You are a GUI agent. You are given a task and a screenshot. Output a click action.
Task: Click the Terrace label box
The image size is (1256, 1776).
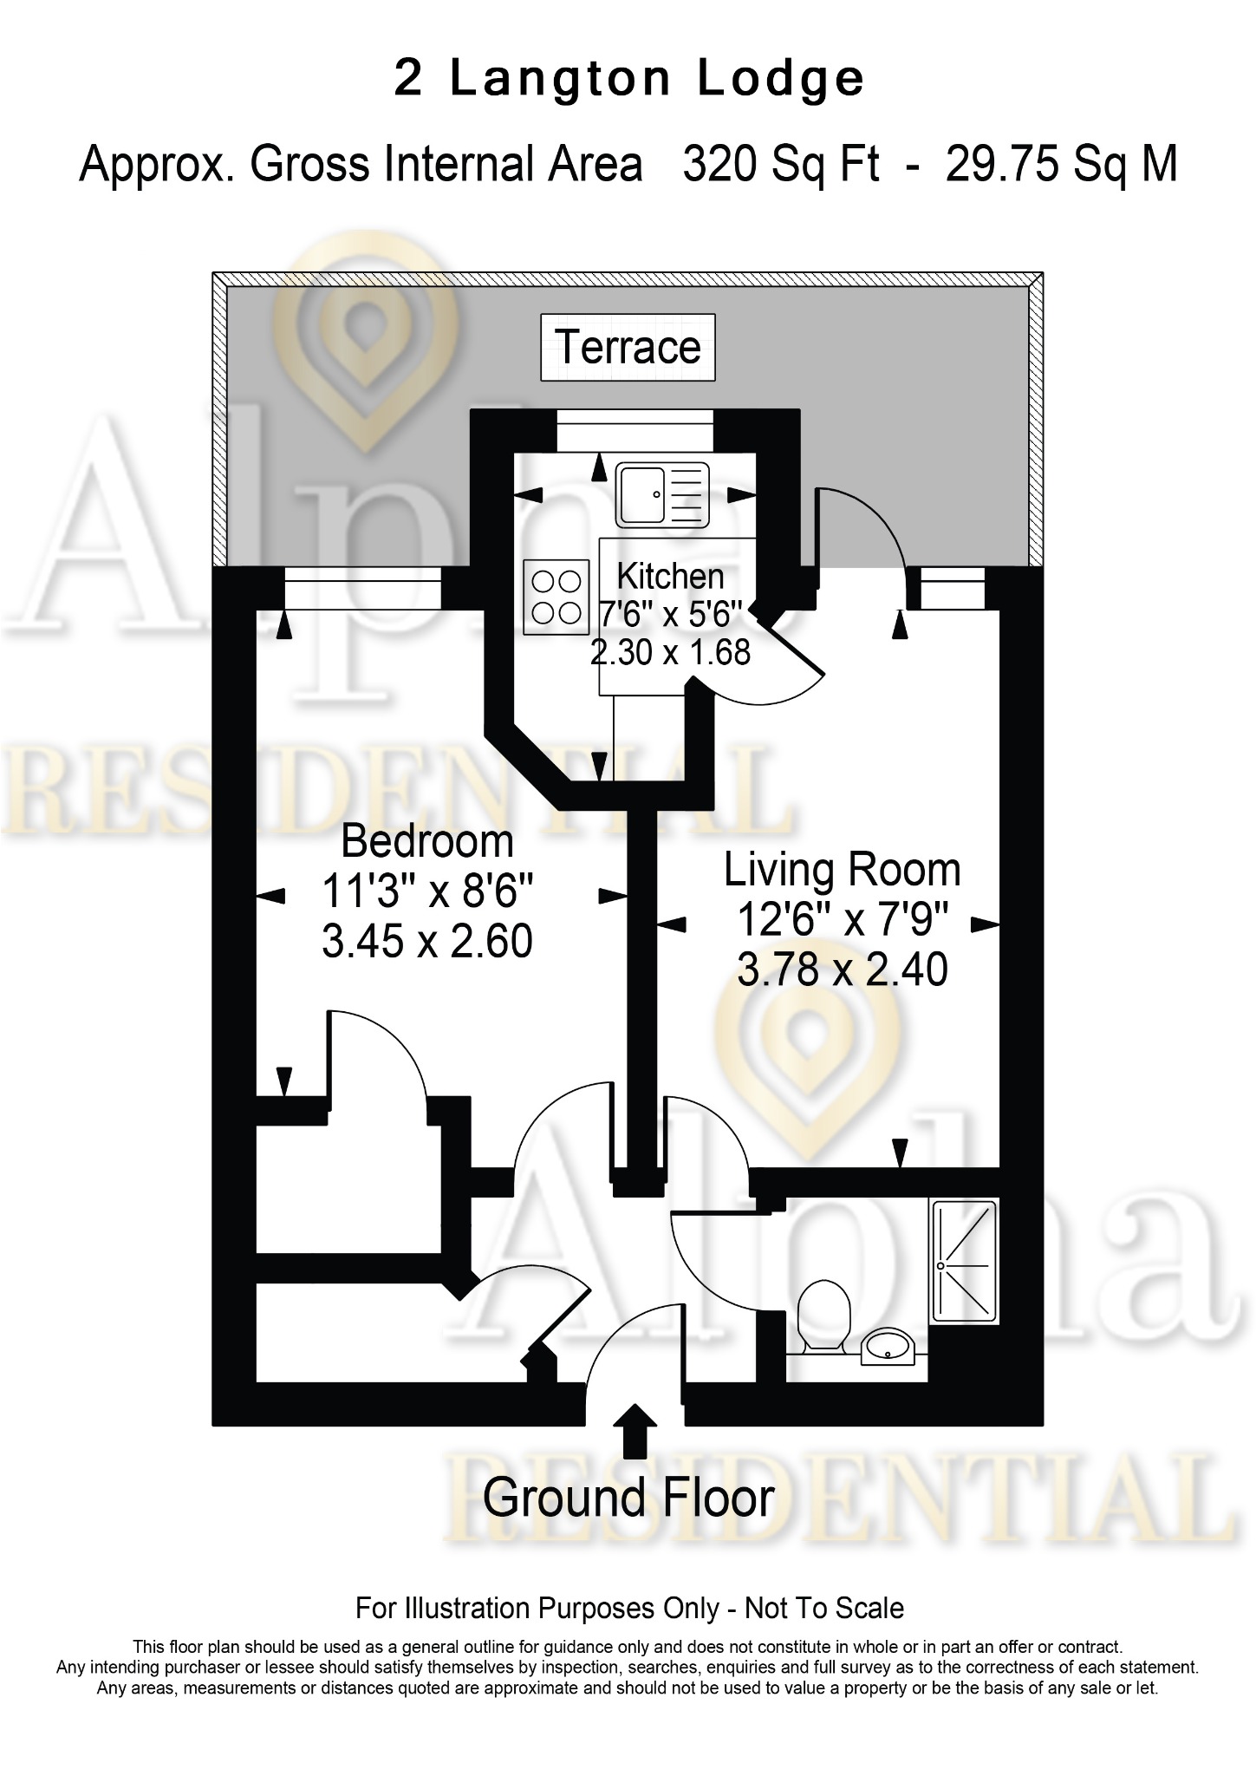628,347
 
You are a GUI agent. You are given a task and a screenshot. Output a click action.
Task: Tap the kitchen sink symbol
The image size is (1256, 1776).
662,495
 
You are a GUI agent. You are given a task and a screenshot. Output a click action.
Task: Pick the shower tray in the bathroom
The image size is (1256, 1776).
965,1261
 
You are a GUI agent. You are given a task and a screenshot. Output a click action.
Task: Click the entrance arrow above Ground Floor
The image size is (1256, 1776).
635,1431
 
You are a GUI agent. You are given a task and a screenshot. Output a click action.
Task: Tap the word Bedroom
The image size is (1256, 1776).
427,841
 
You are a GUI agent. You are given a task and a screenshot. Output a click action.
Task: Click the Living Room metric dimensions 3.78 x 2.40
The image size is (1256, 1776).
843,970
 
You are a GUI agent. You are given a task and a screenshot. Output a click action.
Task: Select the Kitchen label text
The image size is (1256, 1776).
670,576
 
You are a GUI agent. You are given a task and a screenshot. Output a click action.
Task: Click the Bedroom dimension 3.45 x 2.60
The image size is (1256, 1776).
427,941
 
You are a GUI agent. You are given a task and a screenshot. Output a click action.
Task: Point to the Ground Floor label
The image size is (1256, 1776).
628,1498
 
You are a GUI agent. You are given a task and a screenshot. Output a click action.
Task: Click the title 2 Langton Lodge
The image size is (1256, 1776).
629,79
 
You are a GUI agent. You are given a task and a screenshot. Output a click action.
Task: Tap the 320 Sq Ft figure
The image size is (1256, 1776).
781,164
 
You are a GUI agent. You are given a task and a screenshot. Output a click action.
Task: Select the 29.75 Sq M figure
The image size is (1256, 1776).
1062,164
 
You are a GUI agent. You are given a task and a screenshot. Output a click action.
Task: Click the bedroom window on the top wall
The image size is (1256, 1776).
363,588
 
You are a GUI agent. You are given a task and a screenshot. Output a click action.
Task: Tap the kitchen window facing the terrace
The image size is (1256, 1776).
635,431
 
